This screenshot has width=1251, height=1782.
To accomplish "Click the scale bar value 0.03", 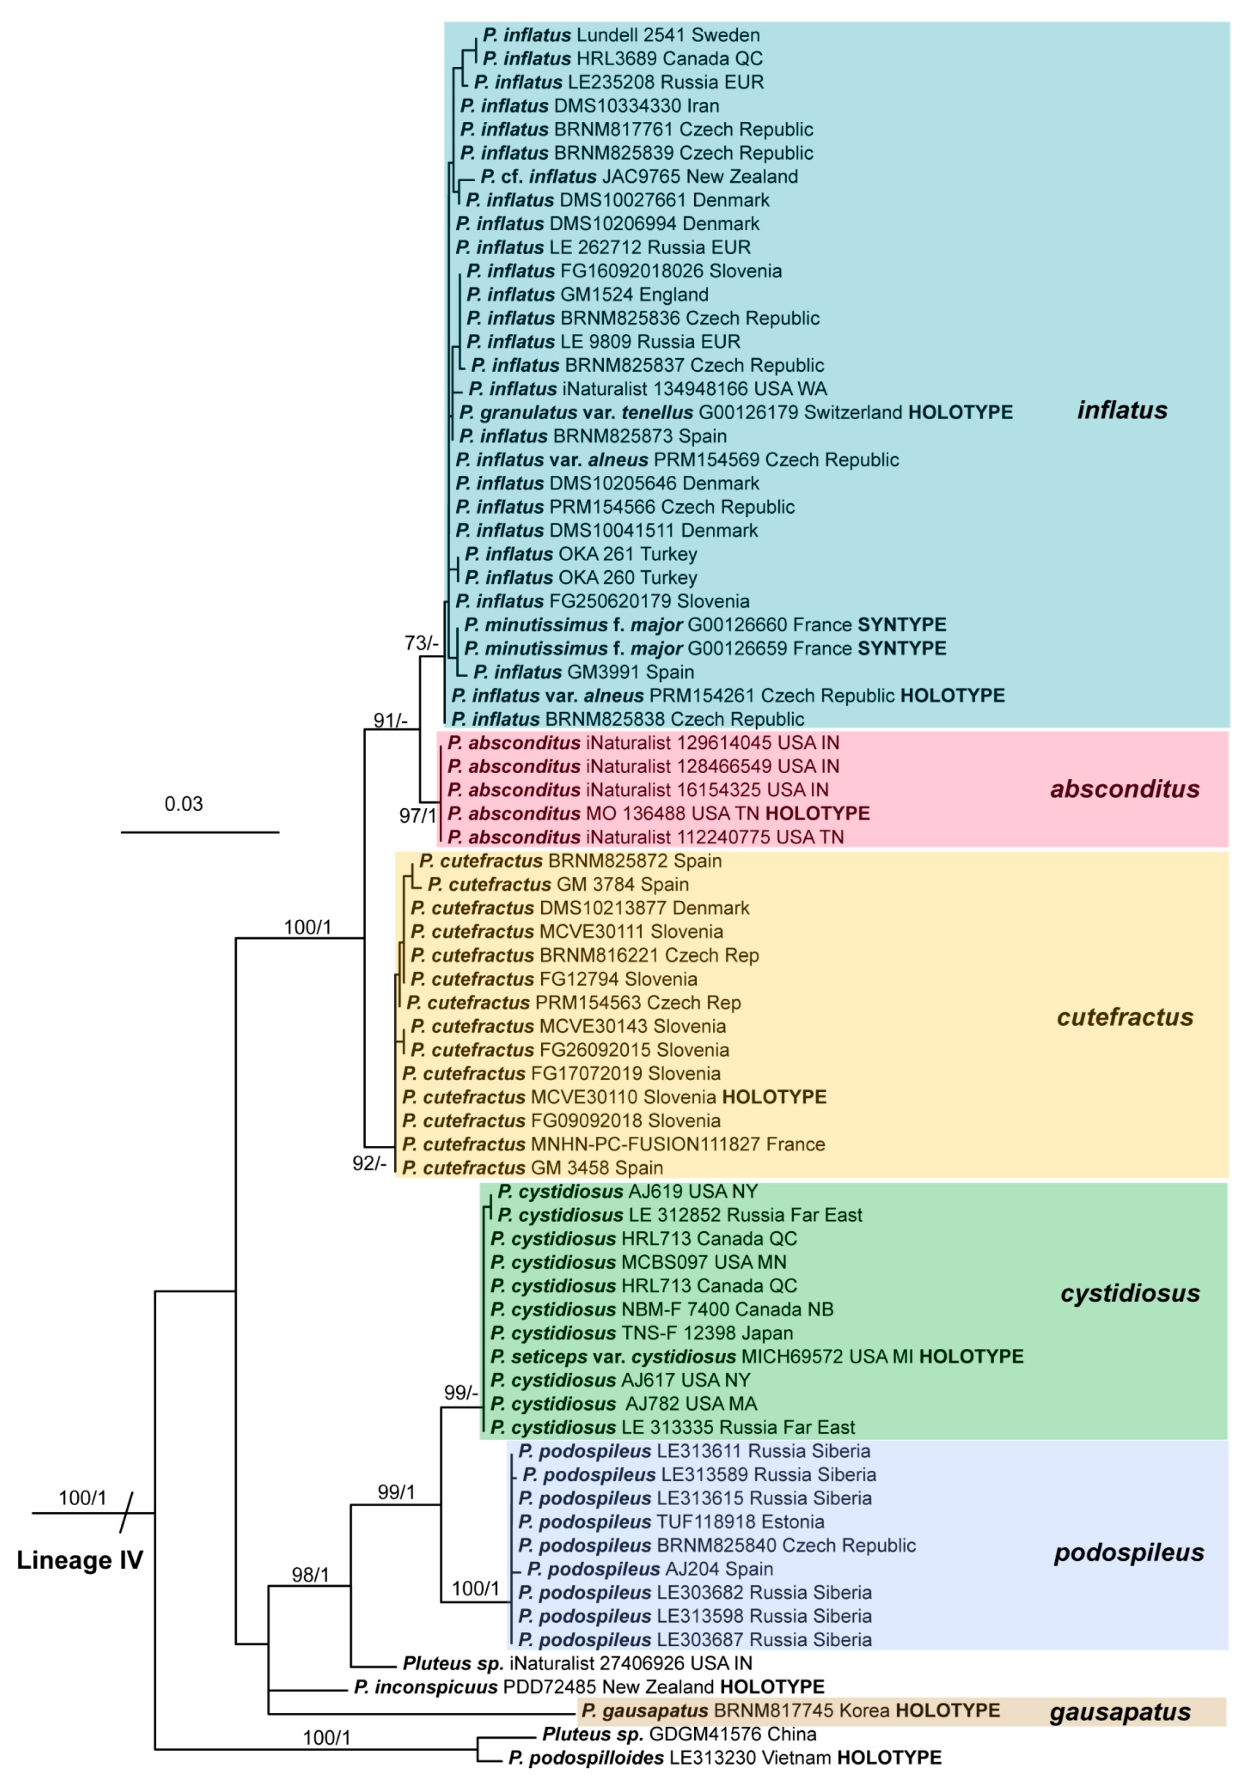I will pyautogui.click(x=183, y=803).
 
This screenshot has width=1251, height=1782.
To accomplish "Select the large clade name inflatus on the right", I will pyautogui.click(x=1121, y=410).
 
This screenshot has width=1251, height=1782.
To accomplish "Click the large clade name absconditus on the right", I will pyautogui.click(x=1124, y=789).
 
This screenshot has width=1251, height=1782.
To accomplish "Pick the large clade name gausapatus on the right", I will pyautogui.click(x=1120, y=1712).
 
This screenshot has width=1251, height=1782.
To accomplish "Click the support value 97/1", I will pyautogui.click(x=418, y=815).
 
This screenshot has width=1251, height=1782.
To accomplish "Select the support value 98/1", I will pyautogui.click(x=311, y=1575).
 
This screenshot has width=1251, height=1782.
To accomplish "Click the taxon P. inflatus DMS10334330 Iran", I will pyautogui.click(x=589, y=106).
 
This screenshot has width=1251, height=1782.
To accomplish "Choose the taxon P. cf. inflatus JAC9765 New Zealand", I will pyautogui.click(x=638, y=176).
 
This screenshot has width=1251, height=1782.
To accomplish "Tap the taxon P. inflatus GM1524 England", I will pyautogui.click(x=587, y=295).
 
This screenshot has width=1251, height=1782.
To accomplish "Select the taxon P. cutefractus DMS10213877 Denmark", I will pyautogui.click(x=579, y=908).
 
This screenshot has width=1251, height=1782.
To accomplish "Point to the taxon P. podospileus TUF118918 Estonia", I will pyautogui.click(x=671, y=1522).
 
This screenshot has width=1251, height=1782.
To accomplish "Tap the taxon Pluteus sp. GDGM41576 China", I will pyautogui.click(x=679, y=1735).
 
